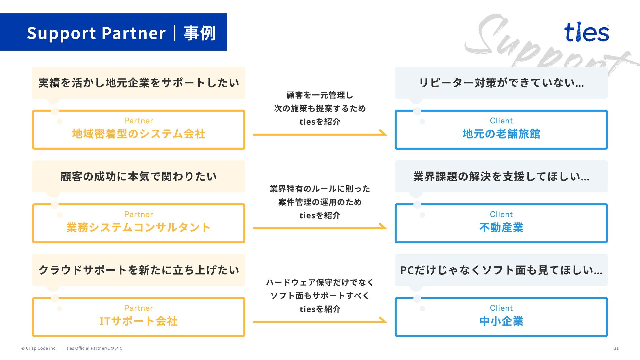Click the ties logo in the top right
(x=586, y=32)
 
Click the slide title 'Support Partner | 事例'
(x=121, y=33)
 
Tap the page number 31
(x=616, y=348)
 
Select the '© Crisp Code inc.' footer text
(x=39, y=348)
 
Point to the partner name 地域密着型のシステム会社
(x=139, y=134)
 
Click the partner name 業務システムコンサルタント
(x=139, y=228)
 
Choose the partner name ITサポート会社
(x=139, y=321)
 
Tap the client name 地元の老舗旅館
(x=501, y=134)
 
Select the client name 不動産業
(x=501, y=228)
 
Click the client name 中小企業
(x=501, y=321)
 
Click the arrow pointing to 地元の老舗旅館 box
(x=320, y=134)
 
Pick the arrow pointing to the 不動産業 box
(x=320, y=228)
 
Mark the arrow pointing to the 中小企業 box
(x=320, y=321)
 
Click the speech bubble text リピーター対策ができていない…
(x=501, y=83)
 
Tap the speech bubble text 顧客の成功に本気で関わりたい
(x=139, y=176)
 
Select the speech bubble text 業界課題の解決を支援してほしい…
(x=501, y=176)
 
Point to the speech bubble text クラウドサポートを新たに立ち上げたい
(x=139, y=270)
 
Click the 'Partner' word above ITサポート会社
(x=139, y=308)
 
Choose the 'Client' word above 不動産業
(x=501, y=214)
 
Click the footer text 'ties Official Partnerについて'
(x=94, y=348)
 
